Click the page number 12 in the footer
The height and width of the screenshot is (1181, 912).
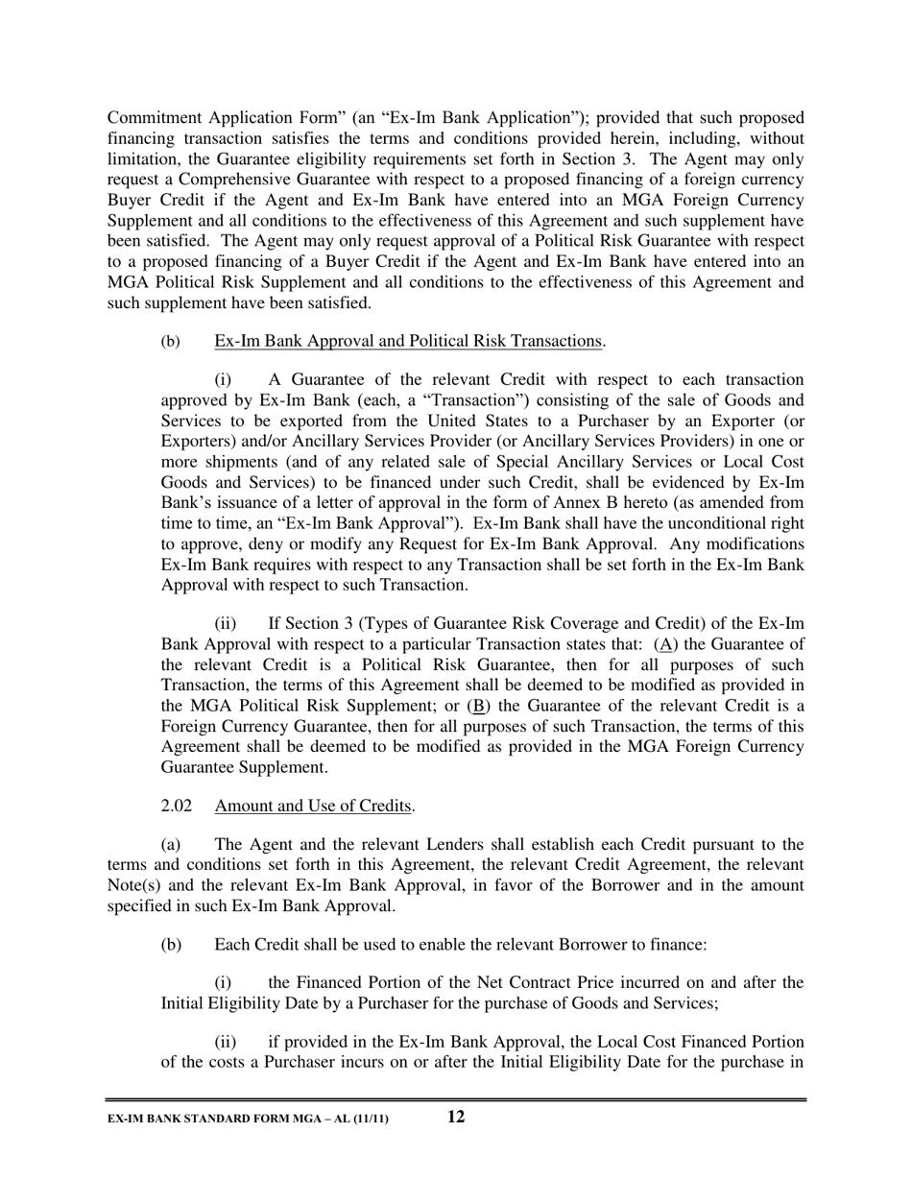[456, 1117]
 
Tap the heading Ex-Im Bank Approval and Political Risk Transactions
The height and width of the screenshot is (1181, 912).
[408, 341]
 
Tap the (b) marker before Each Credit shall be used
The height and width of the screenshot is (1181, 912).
[171, 945]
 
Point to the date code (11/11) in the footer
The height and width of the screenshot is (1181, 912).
[371, 1119]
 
